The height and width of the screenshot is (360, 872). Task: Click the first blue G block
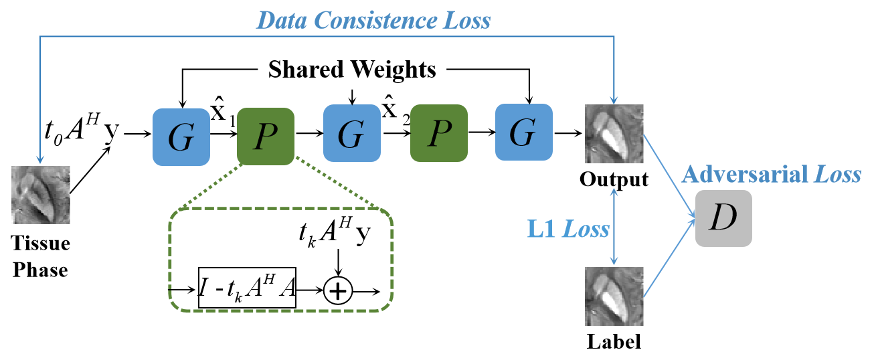pos(182,136)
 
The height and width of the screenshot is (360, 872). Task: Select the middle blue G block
pos(351,134)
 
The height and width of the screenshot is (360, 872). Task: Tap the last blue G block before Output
pos(523,134)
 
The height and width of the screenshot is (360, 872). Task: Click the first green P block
pos(266,137)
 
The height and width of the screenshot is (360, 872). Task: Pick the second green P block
pos(438,134)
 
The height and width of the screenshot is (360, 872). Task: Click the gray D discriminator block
pos(723,219)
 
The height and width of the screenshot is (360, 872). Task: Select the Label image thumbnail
pos(614,296)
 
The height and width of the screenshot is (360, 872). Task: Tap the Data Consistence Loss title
pos(374,21)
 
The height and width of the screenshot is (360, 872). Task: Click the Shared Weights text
pos(353,69)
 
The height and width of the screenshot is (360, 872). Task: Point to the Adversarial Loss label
pos(771,175)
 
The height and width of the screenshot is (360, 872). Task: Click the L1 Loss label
pos(576,230)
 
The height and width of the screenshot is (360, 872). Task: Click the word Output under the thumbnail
pos(614,180)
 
